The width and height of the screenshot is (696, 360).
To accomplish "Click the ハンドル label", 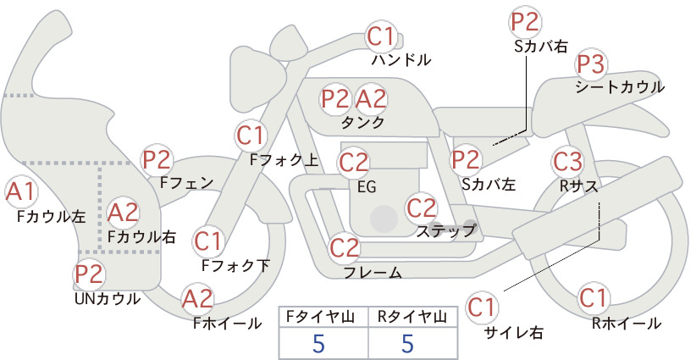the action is click(x=401, y=59).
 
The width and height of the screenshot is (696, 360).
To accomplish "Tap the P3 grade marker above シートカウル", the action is click(x=591, y=65).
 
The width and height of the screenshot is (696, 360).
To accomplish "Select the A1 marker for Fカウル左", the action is click(x=21, y=192).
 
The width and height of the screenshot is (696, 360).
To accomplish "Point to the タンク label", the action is click(x=362, y=122).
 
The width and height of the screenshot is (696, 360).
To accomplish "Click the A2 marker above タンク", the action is click(x=371, y=98).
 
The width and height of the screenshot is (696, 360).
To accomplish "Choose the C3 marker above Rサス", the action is click(x=567, y=162).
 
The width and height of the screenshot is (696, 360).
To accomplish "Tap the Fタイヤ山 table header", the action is click(x=320, y=317).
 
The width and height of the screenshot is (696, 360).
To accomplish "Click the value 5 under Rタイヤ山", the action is click(x=407, y=343).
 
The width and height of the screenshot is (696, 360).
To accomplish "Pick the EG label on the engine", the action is click(x=367, y=187).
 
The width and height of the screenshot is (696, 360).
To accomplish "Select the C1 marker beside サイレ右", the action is click(x=481, y=307).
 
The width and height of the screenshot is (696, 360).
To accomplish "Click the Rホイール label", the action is click(x=627, y=324).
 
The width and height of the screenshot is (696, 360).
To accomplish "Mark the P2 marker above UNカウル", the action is click(x=89, y=274).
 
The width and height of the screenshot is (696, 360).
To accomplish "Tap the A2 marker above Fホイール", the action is click(x=198, y=299).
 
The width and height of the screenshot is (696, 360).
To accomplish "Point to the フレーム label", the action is click(x=373, y=273).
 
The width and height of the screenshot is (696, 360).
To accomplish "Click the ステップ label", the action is click(x=446, y=230).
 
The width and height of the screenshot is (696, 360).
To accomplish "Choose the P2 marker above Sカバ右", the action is click(x=525, y=22).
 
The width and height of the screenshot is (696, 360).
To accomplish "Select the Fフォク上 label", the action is click(x=284, y=160).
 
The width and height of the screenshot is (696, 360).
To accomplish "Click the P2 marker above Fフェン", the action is click(x=157, y=160).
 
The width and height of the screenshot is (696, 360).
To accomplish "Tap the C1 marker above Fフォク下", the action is click(x=208, y=242).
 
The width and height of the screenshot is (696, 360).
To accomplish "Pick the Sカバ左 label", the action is click(x=489, y=184).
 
